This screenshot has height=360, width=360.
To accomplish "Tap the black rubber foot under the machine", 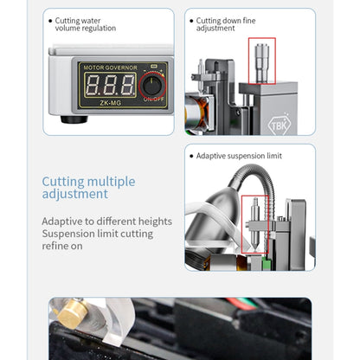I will (x=74, y=117).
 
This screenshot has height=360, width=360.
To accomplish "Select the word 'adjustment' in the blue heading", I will (x=76, y=196).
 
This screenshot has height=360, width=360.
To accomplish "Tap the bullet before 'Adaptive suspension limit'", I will (x=190, y=155).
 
